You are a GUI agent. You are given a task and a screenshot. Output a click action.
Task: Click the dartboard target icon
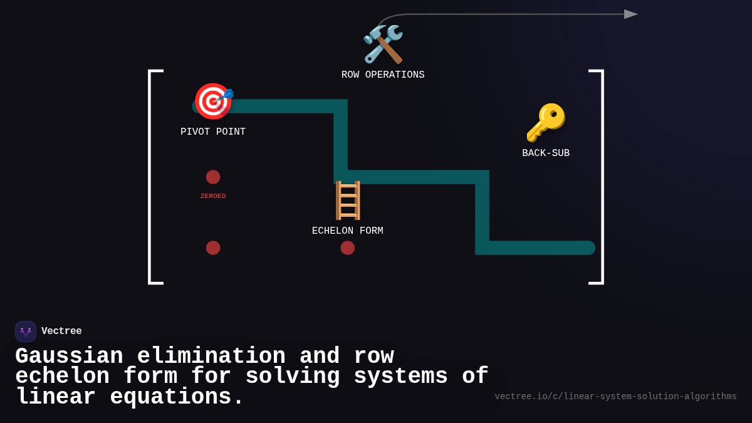coord(214,101)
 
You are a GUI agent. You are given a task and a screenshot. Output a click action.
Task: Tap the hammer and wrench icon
coord(383,44)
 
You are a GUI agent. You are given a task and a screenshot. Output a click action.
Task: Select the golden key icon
coord(546,123)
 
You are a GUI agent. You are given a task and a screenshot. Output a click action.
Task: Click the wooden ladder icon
coord(348,201)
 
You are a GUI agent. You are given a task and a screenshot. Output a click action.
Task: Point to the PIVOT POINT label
coord(213,132)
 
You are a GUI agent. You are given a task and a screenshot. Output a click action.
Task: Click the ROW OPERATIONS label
coord(383,75)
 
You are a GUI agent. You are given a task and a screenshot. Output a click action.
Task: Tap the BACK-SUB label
coord(546,153)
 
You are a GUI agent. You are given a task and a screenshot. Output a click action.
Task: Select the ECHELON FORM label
coord(347,231)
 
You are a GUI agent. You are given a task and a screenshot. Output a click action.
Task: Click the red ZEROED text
coord(213,196)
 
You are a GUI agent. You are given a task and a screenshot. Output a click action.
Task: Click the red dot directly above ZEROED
coord(213,177)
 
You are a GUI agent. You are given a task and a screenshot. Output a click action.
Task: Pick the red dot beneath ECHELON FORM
coord(347,248)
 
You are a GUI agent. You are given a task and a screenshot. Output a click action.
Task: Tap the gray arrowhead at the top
coord(631,14)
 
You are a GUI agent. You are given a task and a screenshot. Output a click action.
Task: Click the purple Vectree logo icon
coord(26,332)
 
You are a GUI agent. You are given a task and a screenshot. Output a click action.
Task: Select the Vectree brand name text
coord(61,331)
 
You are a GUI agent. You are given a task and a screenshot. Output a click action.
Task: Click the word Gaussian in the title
coord(69,356)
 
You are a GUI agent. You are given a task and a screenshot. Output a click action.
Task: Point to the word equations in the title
coord(171,397)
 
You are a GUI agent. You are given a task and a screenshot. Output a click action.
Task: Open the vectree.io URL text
coord(615,397)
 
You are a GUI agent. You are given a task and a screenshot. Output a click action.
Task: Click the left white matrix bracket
coord(149,177)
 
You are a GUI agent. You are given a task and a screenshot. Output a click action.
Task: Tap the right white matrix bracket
coord(603,177)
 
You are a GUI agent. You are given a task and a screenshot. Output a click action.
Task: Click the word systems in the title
coord(400,376)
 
